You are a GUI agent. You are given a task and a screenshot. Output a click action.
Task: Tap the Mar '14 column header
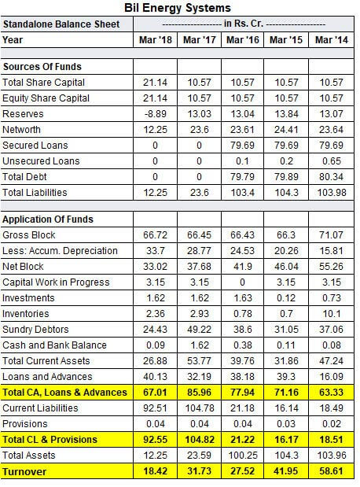coord(331,39)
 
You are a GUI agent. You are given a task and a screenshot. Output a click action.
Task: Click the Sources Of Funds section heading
coord(42,67)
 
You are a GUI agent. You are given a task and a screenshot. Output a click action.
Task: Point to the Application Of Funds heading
coord(48,219)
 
